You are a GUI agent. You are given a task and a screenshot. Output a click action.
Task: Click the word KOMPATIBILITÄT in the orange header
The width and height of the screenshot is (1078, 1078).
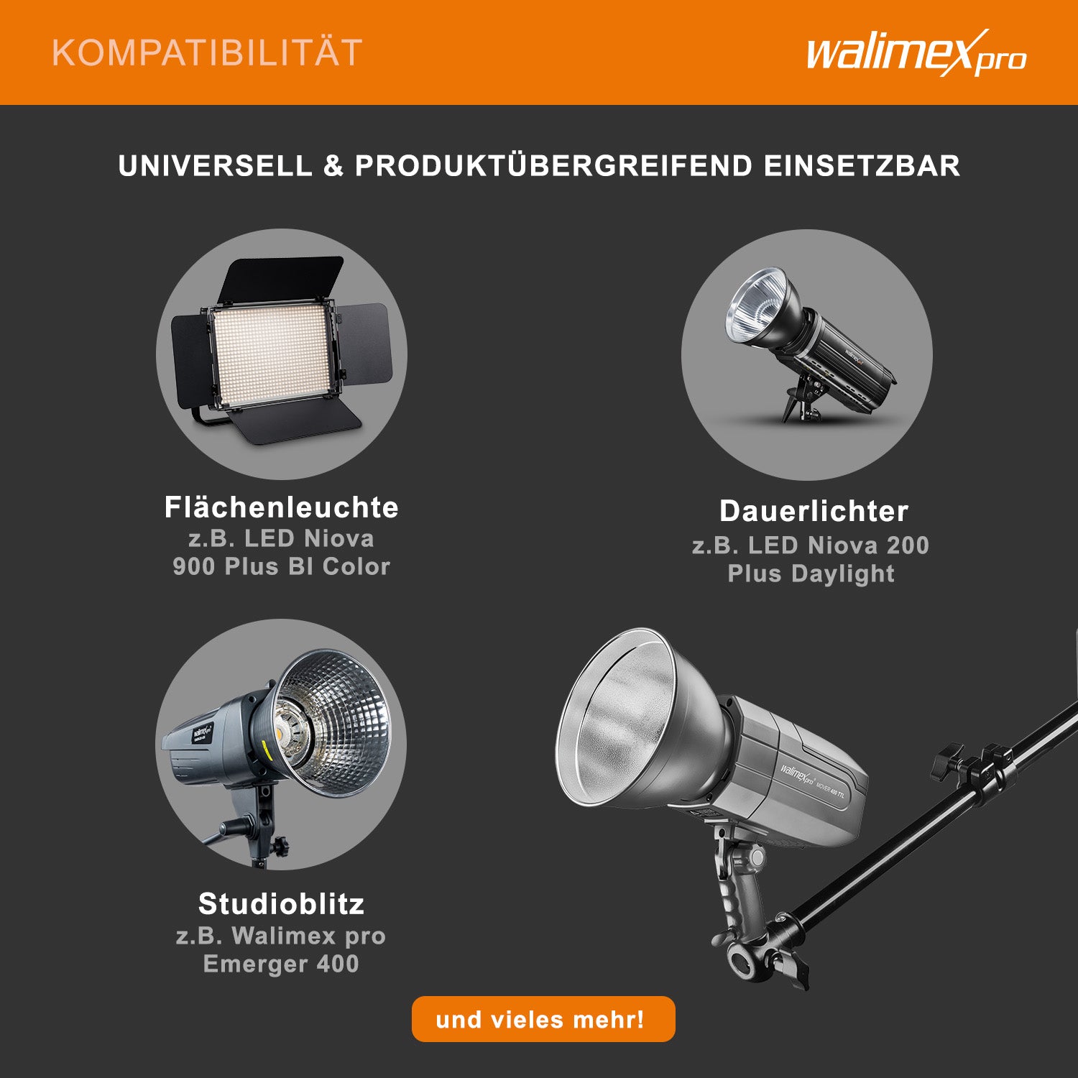[x=207, y=53]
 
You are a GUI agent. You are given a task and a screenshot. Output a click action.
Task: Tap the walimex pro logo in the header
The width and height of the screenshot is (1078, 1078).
[x=916, y=54]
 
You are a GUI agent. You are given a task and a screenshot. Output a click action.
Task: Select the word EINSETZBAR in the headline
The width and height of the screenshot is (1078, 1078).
[x=862, y=166]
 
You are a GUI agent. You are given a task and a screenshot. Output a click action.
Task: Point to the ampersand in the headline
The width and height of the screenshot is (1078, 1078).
[x=333, y=166]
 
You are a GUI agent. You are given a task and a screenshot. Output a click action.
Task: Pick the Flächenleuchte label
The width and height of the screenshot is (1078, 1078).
[x=281, y=507]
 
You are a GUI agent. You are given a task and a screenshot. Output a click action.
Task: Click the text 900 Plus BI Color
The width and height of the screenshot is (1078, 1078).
[x=281, y=566]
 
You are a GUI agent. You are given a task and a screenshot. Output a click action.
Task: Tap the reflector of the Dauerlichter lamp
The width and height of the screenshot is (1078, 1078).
[x=755, y=305]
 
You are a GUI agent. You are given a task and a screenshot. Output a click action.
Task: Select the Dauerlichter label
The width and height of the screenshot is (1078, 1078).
[x=814, y=511]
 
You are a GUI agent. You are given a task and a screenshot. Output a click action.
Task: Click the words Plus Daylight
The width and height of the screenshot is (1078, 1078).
[x=811, y=573]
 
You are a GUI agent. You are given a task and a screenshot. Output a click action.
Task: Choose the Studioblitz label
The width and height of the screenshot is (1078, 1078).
[x=281, y=903]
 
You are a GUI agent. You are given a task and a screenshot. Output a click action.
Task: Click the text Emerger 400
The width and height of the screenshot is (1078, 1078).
[x=281, y=964]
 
